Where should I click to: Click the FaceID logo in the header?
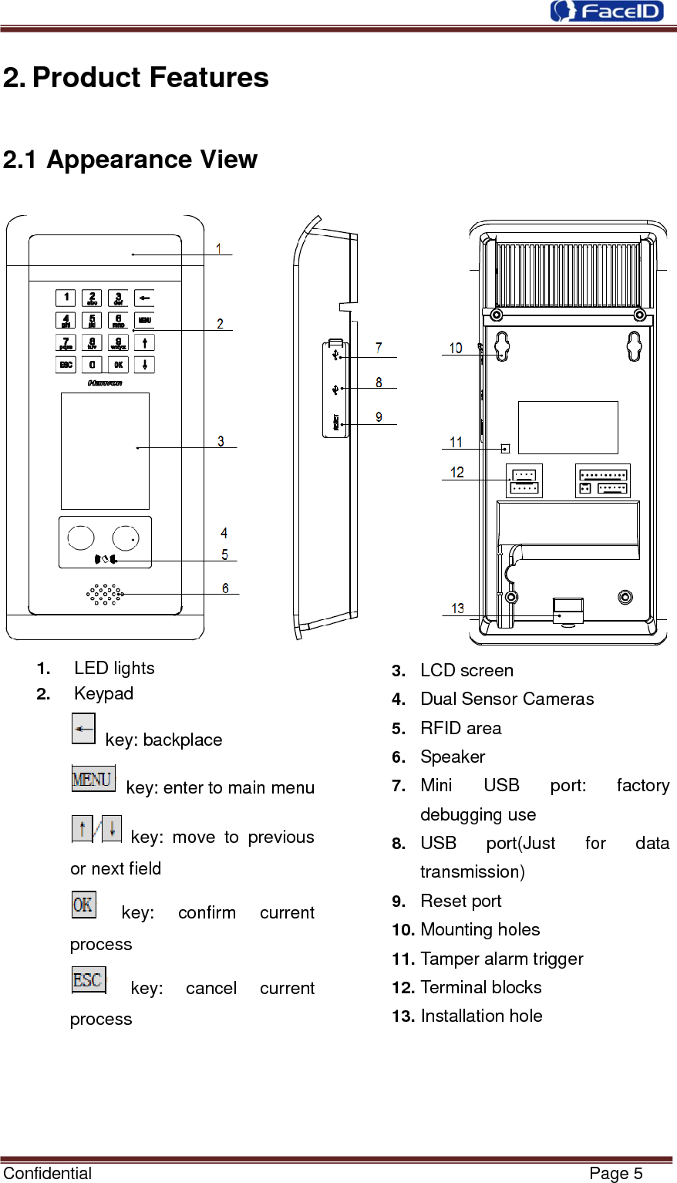(x=607, y=11)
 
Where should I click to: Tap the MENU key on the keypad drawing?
(x=144, y=319)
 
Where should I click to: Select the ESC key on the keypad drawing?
(x=66, y=364)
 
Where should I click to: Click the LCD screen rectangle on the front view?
(x=105, y=450)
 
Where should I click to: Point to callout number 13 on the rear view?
(x=457, y=608)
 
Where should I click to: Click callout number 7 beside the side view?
(x=379, y=348)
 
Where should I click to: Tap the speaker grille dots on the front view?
(x=105, y=593)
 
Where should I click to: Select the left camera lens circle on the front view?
(x=81, y=538)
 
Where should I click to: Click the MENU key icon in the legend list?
(x=93, y=779)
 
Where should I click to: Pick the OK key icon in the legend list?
(x=83, y=904)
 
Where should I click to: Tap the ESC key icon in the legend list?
(x=88, y=979)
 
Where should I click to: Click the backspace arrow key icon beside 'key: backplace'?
(x=83, y=728)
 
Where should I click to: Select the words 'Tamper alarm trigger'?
(x=501, y=959)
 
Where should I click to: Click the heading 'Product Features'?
(x=150, y=77)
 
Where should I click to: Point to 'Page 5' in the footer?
(x=615, y=1173)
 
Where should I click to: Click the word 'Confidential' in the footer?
(x=47, y=1173)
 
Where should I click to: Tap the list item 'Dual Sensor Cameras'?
(x=507, y=699)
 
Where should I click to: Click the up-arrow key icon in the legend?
(x=81, y=828)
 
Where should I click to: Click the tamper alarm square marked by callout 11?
(x=506, y=448)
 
